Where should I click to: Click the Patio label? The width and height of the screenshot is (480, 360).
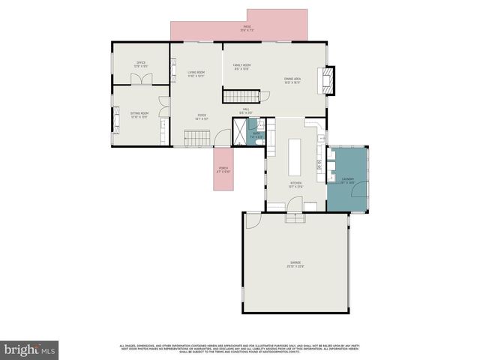[x=247, y=29]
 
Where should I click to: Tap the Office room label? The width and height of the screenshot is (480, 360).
[x=140, y=64]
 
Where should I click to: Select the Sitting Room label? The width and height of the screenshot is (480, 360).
[x=139, y=115]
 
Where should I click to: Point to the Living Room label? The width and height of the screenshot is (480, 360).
[x=196, y=73]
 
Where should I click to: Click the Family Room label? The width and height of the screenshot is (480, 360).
[x=241, y=67]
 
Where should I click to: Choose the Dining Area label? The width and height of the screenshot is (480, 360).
[x=292, y=80]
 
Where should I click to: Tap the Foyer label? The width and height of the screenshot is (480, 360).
[x=200, y=118]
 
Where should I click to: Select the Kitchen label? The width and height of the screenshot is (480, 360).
[x=295, y=184]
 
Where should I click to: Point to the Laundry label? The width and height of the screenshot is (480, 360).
[x=346, y=180]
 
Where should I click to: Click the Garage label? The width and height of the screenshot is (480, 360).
[x=295, y=263]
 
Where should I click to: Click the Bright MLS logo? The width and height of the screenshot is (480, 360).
[x=30, y=349]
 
